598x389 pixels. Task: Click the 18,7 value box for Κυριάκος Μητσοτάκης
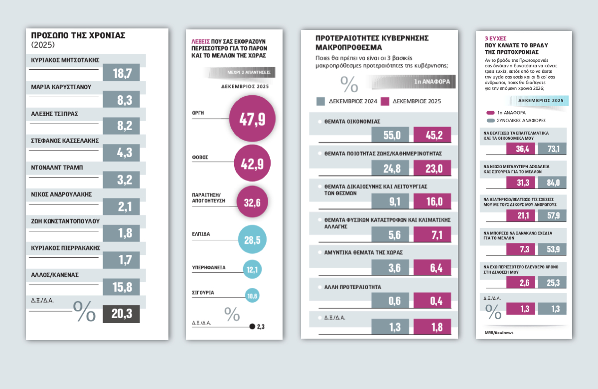pyautogui.click(x=121, y=73)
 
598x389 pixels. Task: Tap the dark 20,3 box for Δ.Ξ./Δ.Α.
pyautogui.click(x=121, y=314)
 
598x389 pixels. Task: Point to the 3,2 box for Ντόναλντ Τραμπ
pyautogui.click(x=121, y=181)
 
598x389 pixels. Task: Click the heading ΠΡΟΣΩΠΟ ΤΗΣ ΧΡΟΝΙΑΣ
pyautogui.click(x=78, y=35)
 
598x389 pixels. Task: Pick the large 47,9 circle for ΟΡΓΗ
pyautogui.click(x=252, y=119)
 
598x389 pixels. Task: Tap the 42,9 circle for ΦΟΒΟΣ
pyautogui.click(x=252, y=162)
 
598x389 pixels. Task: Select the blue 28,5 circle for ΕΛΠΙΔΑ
pyautogui.click(x=252, y=239)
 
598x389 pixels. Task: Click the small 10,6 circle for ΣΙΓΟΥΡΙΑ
pyautogui.click(x=252, y=296)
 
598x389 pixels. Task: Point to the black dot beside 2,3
pyautogui.click(x=252, y=327)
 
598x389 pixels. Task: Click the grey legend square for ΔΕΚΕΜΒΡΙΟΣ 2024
pyautogui.click(x=321, y=101)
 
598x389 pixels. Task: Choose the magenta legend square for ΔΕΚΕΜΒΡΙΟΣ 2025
pyautogui.click(x=385, y=101)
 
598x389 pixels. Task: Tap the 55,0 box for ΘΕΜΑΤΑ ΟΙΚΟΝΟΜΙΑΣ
pyautogui.click(x=391, y=135)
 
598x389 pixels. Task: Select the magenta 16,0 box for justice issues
pyautogui.click(x=432, y=201)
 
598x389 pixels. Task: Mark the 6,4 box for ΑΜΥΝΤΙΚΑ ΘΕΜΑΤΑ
pyautogui.click(x=432, y=268)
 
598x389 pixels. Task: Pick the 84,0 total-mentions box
pyautogui.click(x=552, y=183)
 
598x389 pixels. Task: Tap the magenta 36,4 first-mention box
pyautogui.click(x=520, y=149)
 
